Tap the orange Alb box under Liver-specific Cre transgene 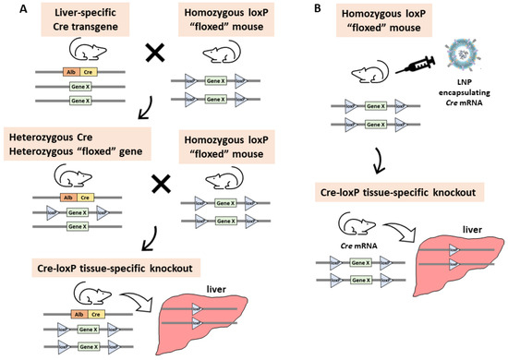(45, 71)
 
